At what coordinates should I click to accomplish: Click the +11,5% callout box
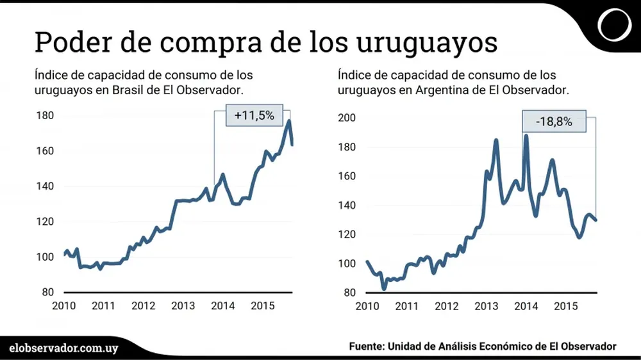tap(254, 116)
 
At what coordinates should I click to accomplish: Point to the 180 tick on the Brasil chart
tap(45, 116)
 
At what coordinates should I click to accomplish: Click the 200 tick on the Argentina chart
tap(347, 118)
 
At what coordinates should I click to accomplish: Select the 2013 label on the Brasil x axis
tap(183, 305)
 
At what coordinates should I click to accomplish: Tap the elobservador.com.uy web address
tap(64, 347)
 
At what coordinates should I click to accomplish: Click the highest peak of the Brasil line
tap(289, 120)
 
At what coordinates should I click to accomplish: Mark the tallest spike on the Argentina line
tap(526, 135)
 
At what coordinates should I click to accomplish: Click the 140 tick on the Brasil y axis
tap(45, 186)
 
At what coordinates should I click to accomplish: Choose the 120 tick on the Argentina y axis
tap(347, 234)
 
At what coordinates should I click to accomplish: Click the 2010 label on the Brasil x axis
tap(64, 305)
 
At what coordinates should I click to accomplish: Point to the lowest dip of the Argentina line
tap(384, 289)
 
